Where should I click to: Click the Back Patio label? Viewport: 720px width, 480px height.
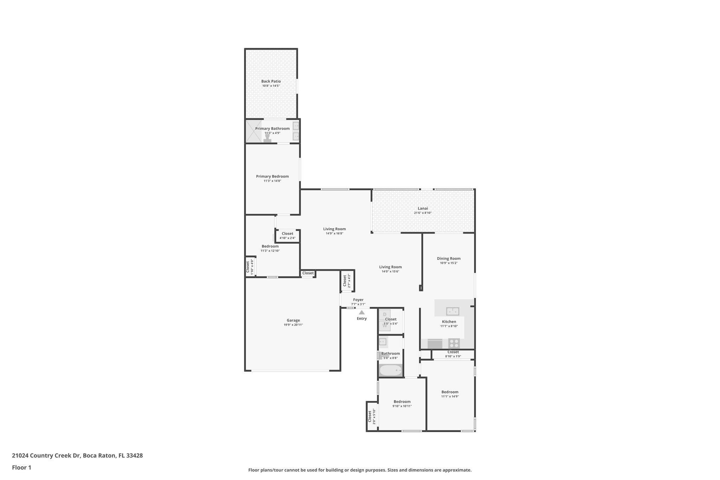coord(271,81)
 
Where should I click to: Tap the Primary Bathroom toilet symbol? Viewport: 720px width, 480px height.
coord(268,139)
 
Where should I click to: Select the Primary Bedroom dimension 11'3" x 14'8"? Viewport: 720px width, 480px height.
coord(272,181)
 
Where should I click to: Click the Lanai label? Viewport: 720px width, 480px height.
coord(423,208)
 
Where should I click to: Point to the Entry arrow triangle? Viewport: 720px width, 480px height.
coord(361,312)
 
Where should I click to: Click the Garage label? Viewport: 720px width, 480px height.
coord(293,320)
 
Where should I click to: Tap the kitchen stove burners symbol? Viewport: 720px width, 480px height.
coord(454,343)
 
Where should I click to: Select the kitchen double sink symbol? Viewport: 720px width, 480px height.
coord(452,311)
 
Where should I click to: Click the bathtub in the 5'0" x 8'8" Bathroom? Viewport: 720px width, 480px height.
coord(391,370)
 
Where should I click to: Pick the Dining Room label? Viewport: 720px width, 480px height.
coord(449,258)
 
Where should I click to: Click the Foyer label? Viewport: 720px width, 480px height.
coord(358,300)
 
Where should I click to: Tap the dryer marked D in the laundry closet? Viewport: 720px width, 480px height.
coord(385,314)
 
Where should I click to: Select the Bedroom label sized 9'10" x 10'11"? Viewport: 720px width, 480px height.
coord(402,402)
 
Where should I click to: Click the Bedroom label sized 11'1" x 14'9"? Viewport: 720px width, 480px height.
coord(450,392)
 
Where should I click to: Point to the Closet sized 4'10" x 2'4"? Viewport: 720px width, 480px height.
coord(287,236)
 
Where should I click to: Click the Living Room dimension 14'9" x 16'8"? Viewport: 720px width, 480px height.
coord(334,233)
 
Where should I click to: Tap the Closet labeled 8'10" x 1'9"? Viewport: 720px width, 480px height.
coord(453,354)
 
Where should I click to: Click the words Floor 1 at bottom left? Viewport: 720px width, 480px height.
coord(21,468)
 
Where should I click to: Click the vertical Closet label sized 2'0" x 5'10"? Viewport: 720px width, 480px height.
coord(369,416)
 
